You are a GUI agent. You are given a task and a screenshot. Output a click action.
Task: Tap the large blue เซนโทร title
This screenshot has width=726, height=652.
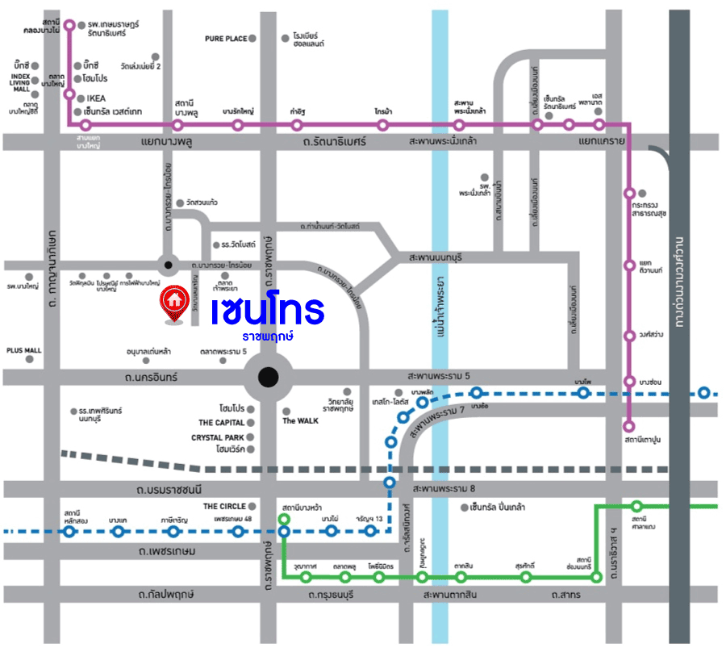[267, 309]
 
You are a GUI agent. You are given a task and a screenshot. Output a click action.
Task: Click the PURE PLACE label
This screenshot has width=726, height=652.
[225, 38]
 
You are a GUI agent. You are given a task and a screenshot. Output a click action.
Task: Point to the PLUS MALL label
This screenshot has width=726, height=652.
[23, 351]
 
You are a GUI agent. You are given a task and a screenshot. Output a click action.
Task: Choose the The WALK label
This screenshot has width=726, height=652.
[300, 420]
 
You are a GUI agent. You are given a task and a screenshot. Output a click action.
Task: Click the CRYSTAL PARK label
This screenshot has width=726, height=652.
[218, 437]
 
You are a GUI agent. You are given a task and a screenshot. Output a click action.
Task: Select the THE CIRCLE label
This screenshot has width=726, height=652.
[224, 506]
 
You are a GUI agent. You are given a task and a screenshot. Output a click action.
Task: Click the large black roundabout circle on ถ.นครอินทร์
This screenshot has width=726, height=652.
[269, 376]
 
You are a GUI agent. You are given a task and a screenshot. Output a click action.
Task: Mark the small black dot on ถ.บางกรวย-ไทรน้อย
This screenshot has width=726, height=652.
[168, 264]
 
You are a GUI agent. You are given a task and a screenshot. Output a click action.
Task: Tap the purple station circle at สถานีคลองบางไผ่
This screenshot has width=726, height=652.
[69, 25]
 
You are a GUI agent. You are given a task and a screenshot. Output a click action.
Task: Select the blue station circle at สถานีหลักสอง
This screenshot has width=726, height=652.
[70, 532]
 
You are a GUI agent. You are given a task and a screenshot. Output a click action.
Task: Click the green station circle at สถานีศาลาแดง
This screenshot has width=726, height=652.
[637, 506]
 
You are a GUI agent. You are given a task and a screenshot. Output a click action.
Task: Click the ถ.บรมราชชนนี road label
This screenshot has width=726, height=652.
[169, 490]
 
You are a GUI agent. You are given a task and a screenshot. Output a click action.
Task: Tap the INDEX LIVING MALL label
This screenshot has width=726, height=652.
[19, 82]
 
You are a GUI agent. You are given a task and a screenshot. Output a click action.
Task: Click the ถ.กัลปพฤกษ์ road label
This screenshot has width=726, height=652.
[165, 595]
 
